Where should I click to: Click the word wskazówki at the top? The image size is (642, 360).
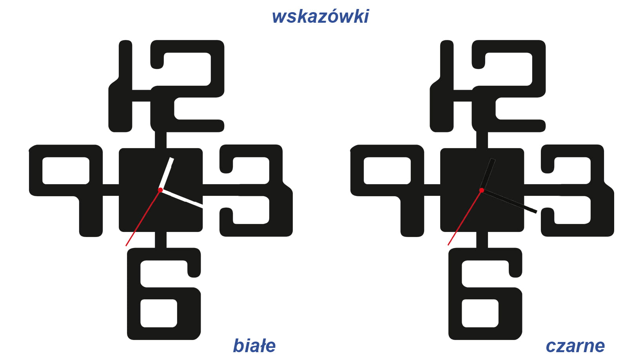pyautogui.click(x=320, y=16)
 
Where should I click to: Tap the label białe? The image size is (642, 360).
pyautogui.click(x=254, y=346)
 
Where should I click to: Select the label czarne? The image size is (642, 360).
pyautogui.click(x=575, y=346)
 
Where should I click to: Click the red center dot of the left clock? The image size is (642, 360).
pyautogui.click(x=160, y=190)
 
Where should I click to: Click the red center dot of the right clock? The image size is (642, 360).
pyautogui.click(x=482, y=190)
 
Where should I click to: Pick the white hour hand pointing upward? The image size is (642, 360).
pyautogui.click(x=166, y=174)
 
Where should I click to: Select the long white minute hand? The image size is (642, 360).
pyautogui.click(x=182, y=198)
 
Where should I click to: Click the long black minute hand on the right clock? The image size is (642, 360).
pyautogui.click(x=510, y=201)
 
